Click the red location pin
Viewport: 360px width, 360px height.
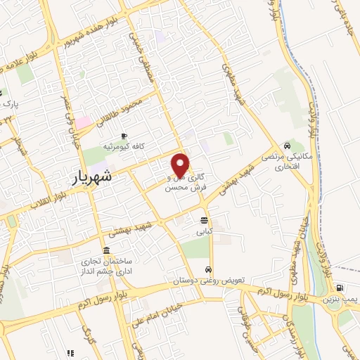(181, 165)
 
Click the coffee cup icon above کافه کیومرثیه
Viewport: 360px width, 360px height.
(124, 136)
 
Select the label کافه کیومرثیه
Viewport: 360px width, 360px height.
(124, 147)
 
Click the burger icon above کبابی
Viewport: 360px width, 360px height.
(204, 220)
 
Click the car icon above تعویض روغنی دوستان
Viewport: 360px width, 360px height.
(209, 270)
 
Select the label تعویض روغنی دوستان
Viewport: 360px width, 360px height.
(209, 281)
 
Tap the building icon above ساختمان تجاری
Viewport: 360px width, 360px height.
(106, 250)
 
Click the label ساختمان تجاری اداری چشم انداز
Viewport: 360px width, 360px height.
(105, 266)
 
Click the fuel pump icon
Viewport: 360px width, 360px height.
(340, 288)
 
